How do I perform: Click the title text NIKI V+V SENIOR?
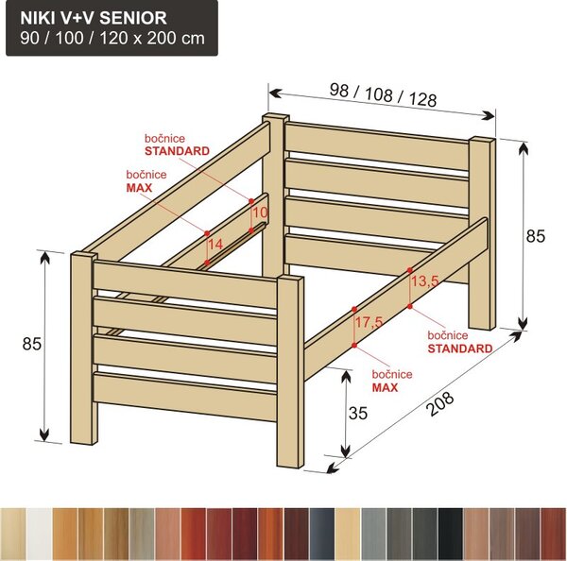click(94, 18)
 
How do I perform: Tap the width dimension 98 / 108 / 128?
click(383, 94)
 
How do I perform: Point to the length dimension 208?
click(439, 403)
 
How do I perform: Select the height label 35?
click(358, 413)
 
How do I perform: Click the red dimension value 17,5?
click(369, 322)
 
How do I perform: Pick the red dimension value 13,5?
click(425, 280)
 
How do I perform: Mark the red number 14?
click(215, 245)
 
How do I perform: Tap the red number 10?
click(260, 212)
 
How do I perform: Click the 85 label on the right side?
click(535, 236)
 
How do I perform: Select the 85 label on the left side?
click(32, 344)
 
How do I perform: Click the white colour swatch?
click(39, 535)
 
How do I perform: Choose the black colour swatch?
click(451, 535)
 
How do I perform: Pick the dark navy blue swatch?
click(322, 535)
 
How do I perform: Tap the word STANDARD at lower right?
click(460, 348)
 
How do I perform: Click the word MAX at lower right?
click(385, 388)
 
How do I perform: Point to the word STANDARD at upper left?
click(178, 151)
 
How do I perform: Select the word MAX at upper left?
click(139, 188)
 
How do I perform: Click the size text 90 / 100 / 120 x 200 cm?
click(112, 38)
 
